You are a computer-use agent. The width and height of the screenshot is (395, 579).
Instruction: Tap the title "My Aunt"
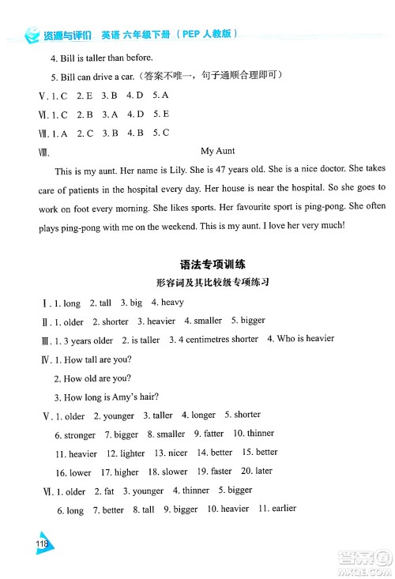tap(218, 151)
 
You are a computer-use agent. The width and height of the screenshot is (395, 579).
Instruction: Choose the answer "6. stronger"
tap(75, 434)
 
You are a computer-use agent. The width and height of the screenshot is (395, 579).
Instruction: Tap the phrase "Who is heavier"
tap(300, 339)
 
